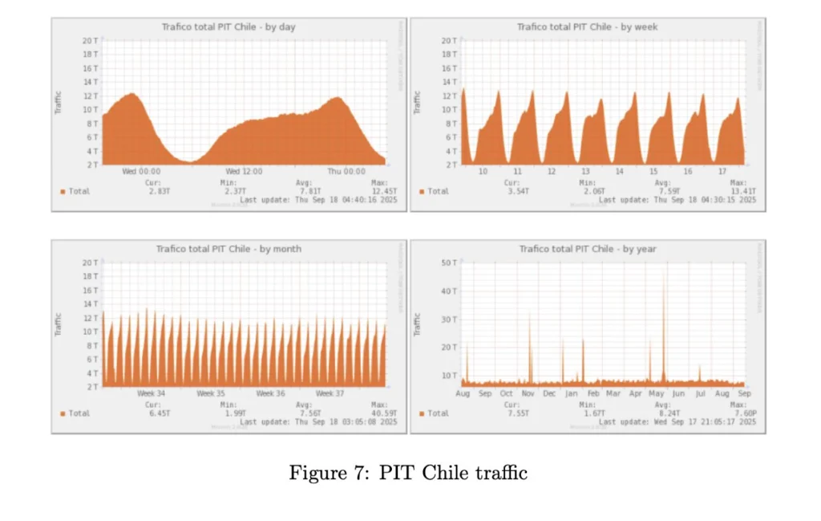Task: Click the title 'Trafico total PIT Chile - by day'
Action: click(229, 27)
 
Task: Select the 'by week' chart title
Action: click(588, 27)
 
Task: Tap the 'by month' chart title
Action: click(229, 249)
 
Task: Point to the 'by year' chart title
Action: click(588, 249)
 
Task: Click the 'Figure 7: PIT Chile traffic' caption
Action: click(408, 473)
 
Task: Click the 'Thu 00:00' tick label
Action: click(346, 171)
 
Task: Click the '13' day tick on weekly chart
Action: click(585, 171)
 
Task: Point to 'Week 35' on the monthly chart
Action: click(210, 393)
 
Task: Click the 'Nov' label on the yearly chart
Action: click(528, 393)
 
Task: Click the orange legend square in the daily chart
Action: click(62, 191)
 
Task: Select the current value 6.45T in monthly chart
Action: click(158, 413)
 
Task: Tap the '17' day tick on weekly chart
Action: click(722, 171)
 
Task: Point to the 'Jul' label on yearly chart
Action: click(700, 393)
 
